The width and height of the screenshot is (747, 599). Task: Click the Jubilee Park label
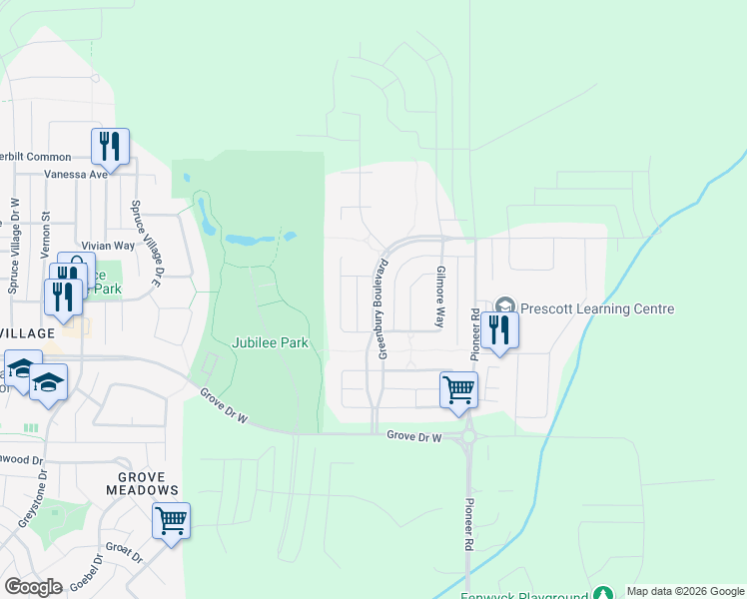click(270, 342)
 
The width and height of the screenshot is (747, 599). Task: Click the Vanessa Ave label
click(75, 173)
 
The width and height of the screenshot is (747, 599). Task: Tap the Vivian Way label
click(108, 245)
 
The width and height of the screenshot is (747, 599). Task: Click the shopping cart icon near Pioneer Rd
click(458, 388)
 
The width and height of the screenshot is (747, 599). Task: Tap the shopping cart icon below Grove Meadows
click(171, 520)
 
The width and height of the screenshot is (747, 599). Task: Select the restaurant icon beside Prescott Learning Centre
click(499, 328)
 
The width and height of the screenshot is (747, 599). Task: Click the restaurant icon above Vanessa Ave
click(110, 146)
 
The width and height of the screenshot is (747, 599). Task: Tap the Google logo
click(34, 586)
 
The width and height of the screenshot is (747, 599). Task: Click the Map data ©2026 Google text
click(684, 591)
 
